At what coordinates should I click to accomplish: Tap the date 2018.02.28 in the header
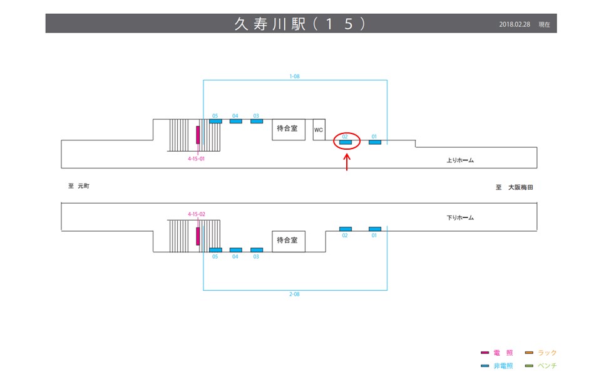point(515,24)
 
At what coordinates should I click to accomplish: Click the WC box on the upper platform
point(319,130)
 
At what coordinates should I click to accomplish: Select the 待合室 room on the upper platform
point(288,129)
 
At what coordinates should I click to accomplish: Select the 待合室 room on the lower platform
point(288,240)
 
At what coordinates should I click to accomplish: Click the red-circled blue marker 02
point(346,142)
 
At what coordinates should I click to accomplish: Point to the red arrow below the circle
point(347,161)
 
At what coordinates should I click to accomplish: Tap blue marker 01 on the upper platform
point(374,142)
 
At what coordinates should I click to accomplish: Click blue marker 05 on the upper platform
point(215,121)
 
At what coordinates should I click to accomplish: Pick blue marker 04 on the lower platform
point(235,249)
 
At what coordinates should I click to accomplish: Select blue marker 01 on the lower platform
point(374,229)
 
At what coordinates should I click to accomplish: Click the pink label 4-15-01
point(197,159)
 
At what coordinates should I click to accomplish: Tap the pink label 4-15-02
point(197,214)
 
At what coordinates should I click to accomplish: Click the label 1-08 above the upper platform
point(294,76)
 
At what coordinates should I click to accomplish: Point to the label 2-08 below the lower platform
point(294,294)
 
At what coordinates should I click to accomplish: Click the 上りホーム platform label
point(460,160)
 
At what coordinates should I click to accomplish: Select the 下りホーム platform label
point(460,218)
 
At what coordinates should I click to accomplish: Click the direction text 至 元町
point(80,186)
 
